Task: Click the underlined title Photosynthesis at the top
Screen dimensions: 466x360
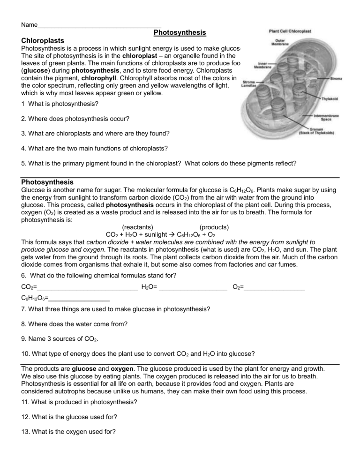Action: [x=180, y=33]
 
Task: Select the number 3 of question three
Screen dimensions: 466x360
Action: [x=23, y=134]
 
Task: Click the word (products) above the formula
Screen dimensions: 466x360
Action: [x=214, y=227]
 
